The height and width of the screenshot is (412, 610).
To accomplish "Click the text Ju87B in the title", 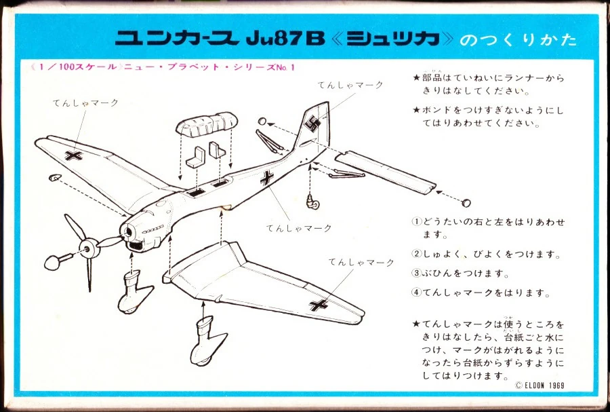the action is coord(286,39).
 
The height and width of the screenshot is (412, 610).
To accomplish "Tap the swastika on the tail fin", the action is coord(312,124).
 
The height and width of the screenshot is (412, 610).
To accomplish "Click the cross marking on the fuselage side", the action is coord(267,179).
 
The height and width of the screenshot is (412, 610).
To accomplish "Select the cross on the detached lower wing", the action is coord(319,305).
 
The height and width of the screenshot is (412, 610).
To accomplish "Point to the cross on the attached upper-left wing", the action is coord(73,155).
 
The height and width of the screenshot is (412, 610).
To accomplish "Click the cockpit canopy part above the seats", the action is coord(206,124).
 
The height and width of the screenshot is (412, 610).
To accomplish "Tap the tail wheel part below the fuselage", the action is coord(312,201).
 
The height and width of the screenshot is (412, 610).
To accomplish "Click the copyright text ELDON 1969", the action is coord(540,385).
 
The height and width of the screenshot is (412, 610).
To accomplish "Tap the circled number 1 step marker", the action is coord(417,222).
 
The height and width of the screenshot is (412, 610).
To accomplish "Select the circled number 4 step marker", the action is coord(417,293).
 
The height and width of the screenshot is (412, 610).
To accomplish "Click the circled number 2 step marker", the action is coord(417,254).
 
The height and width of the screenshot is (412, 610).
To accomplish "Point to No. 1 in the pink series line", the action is coord(285,67).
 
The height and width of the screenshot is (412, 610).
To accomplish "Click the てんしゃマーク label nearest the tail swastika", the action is coord(350,85).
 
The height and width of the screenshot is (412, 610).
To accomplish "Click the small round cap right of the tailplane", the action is coord(466,202).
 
